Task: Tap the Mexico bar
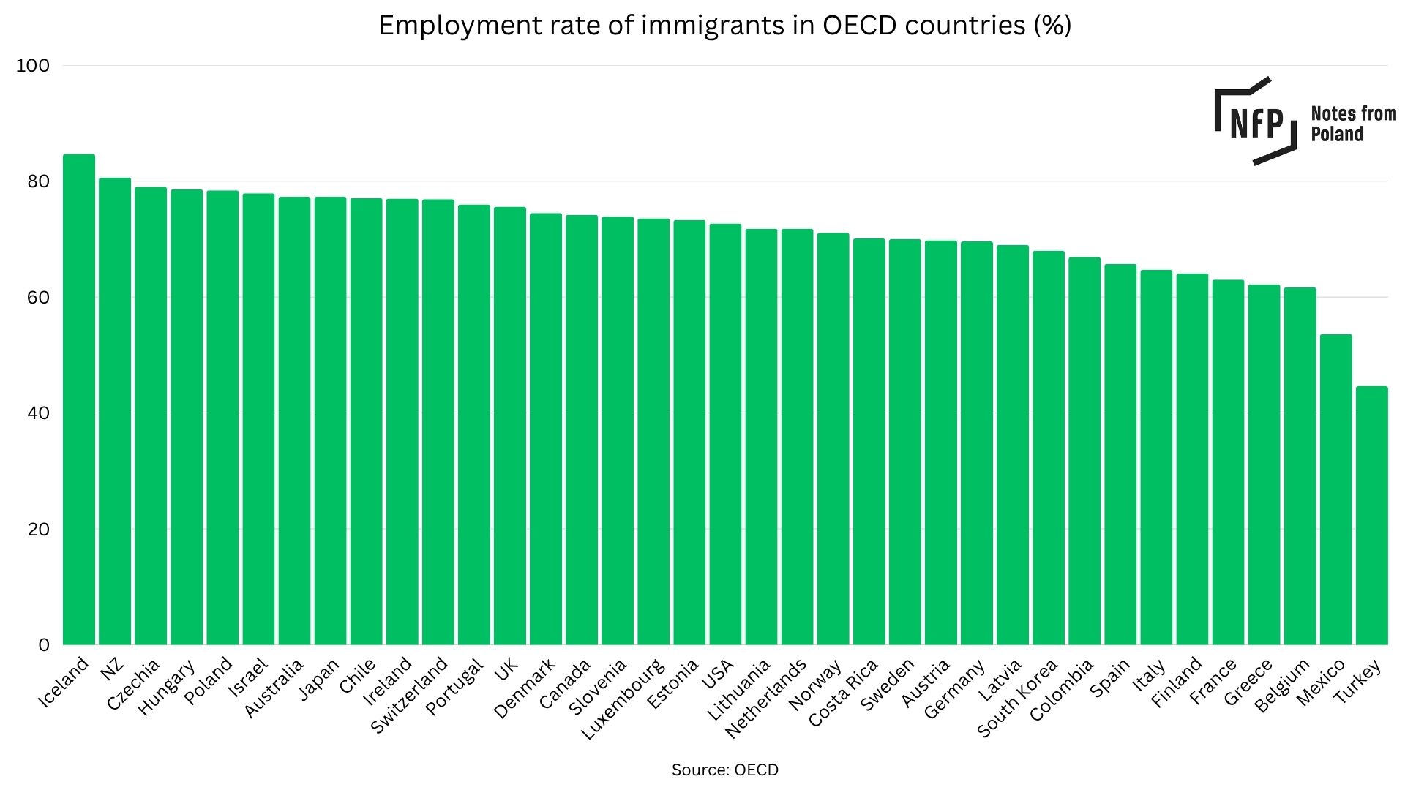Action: (x=1335, y=489)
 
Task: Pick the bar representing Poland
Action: (x=222, y=418)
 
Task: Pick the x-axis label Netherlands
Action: (x=766, y=697)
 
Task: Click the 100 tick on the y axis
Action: (x=33, y=66)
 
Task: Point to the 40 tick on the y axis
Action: (x=38, y=413)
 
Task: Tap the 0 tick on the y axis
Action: (x=44, y=645)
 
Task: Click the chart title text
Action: (x=724, y=26)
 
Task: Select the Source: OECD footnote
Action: (x=724, y=770)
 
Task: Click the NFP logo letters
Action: (x=1256, y=123)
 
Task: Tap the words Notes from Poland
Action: (x=1353, y=124)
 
